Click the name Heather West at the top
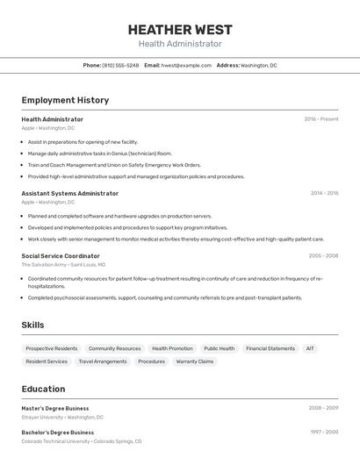[x=180, y=28]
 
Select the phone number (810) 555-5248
[x=120, y=66]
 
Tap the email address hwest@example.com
[x=186, y=66]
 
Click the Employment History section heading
[x=65, y=100]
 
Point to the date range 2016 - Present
[x=320, y=119]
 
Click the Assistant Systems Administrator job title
[x=69, y=193]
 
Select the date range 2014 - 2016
[x=324, y=193]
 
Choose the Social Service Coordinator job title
[x=61, y=256]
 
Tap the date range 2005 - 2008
[x=323, y=256]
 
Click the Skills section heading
[x=32, y=325]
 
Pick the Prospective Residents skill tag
[x=52, y=348]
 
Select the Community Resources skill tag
[x=114, y=348]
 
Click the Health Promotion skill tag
[x=172, y=348]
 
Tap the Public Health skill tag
[x=219, y=348]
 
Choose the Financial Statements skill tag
[x=270, y=348]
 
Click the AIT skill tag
[x=310, y=348]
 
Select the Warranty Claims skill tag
[x=194, y=361]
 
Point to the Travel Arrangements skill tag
[x=103, y=361]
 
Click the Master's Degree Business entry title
[x=55, y=408]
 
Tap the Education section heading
[x=43, y=389]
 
